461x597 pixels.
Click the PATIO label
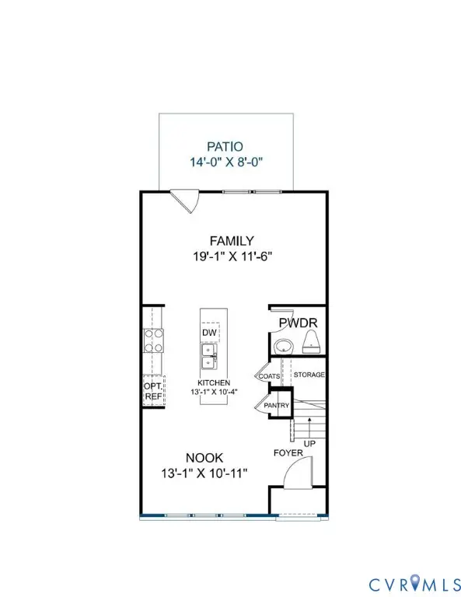pos(225,146)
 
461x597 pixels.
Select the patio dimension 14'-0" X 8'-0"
pos(225,162)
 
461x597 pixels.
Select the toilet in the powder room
pos(313,340)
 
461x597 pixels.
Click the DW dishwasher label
pos(208,333)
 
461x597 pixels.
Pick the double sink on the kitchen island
pos(209,356)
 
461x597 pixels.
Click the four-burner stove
pos(152,340)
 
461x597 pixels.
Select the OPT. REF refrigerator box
pos(152,391)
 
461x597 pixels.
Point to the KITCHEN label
pos(212,383)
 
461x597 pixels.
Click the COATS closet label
pos(268,376)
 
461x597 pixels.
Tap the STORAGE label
pos(309,375)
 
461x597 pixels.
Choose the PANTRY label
pos(277,405)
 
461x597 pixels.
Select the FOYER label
pos(288,452)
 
